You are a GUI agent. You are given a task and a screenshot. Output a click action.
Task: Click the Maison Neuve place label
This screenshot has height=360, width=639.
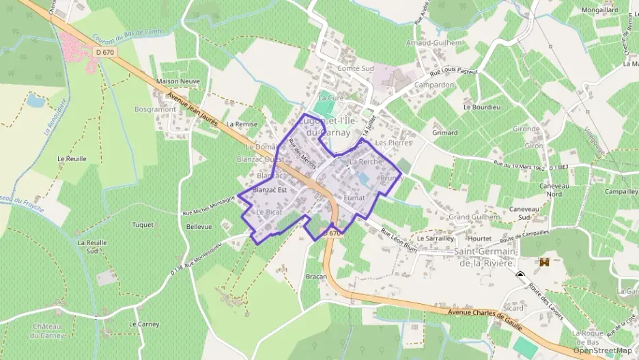click(178, 81)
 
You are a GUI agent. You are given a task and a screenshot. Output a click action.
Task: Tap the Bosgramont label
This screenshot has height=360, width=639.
click(155, 109)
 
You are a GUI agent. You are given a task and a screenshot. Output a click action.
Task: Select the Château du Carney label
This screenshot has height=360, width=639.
click(46, 331)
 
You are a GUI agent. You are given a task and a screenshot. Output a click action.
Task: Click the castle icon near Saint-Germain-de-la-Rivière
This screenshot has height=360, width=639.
click(545, 262)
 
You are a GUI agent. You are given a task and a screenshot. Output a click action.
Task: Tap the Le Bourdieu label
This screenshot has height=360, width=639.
click(482, 107)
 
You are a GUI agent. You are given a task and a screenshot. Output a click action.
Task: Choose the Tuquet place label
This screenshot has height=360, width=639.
click(143, 224)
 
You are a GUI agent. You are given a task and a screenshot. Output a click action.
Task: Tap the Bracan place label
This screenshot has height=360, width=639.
click(316, 277)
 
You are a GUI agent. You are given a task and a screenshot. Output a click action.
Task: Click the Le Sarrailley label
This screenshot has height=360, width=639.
click(436, 239)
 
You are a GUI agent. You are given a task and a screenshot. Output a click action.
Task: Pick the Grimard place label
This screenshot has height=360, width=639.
click(445, 133)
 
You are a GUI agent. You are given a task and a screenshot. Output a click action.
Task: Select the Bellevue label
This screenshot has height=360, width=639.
click(199, 226)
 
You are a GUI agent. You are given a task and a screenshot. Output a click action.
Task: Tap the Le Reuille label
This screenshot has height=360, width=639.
click(72, 158)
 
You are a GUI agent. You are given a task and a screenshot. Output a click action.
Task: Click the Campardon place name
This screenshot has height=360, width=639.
click(434, 85)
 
